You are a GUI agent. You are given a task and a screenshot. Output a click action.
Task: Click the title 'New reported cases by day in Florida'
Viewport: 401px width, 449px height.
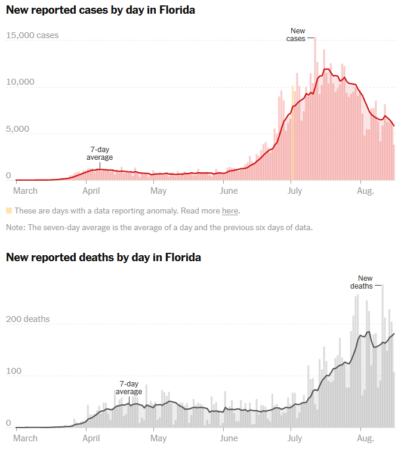pyautogui.click(x=100, y=10)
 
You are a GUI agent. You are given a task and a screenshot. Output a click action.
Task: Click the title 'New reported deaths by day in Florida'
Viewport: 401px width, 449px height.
pyautogui.click(x=103, y=258)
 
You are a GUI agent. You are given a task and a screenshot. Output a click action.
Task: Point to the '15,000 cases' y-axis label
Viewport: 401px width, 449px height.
pyautogui.click(x=32, y=35)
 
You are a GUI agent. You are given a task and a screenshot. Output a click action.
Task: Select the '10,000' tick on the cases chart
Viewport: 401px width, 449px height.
pyautogui.click(x=21, y=82)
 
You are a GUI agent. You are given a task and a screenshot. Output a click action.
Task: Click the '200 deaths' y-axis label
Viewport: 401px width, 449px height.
pyautogui.click(x=28, y=319)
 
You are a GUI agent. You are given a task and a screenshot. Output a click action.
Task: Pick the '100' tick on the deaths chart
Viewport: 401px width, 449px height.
pyautogui.click(x=13, y=371)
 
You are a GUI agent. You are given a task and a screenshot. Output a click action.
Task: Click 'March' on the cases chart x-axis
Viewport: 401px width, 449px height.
pyautogui.click(x=25, y=191)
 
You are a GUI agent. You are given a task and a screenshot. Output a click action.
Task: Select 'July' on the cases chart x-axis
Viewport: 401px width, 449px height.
pyautogui.click(x=294, y=191)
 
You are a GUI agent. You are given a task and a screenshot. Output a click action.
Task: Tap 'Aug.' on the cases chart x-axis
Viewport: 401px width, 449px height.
pyautogui.click(x=365, y=191)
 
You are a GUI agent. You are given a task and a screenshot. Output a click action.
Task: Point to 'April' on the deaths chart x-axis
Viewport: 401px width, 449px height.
pyautogui.click(x=91, y=438)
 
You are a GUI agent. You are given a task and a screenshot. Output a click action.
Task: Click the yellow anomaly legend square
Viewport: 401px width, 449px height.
pyautogui.click(x=9, y=210)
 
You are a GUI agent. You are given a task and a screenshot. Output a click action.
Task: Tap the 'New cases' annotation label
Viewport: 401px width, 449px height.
pyautogui.click(x=297, y=35)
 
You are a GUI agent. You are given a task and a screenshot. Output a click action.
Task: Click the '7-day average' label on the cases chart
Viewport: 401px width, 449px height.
pyautogui.click(x=100, y=153)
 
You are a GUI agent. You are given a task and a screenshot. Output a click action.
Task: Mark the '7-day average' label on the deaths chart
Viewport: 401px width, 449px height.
pyautogui.click(x=129, y=388)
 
